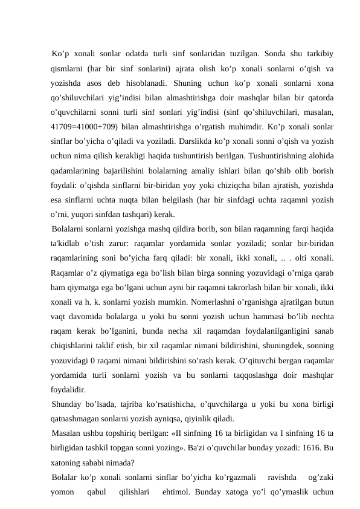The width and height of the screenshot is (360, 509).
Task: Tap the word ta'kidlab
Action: [x=68, y=245]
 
